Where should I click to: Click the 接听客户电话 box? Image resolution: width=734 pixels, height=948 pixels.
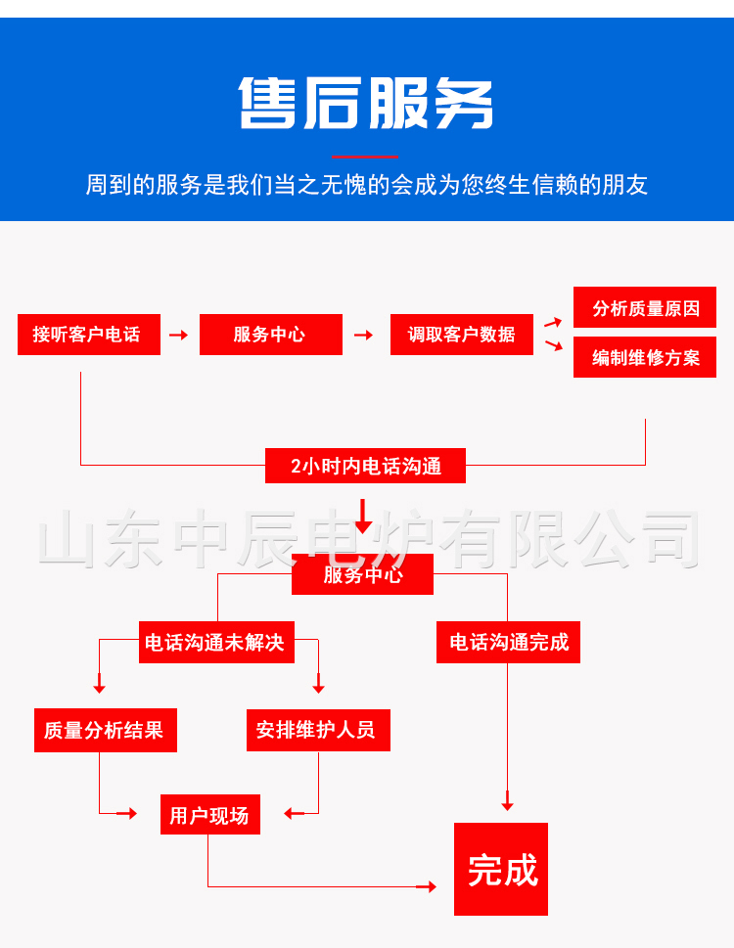89,335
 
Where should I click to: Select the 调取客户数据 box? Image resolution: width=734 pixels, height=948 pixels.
462,335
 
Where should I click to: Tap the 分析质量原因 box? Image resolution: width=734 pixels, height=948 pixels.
645,307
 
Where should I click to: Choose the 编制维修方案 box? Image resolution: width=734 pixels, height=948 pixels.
645,357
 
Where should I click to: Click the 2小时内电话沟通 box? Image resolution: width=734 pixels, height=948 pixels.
365,466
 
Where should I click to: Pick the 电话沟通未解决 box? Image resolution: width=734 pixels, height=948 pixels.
216,642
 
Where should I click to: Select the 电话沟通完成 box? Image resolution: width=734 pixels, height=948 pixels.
509,642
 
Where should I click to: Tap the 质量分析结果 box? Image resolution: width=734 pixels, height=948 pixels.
106,731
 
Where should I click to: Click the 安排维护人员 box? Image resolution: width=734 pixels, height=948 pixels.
319,731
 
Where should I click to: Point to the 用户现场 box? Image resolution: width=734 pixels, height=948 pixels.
210,814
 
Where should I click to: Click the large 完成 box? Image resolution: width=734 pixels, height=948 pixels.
501,869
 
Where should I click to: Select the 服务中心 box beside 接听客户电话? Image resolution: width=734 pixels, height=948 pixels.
271,335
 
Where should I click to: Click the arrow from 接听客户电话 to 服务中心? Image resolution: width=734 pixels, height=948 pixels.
179,335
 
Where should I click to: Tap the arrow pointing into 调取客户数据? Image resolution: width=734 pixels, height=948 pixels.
363,335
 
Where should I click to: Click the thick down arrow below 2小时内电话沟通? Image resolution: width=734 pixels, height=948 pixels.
363,517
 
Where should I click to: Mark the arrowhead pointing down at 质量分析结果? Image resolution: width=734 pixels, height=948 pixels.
100,689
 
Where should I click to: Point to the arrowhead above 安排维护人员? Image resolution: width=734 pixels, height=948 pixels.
319,689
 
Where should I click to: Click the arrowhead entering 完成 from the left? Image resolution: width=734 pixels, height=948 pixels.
431,887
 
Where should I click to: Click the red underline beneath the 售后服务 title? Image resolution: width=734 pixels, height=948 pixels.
365,157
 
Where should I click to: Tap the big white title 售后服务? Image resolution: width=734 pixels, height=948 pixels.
366,103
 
